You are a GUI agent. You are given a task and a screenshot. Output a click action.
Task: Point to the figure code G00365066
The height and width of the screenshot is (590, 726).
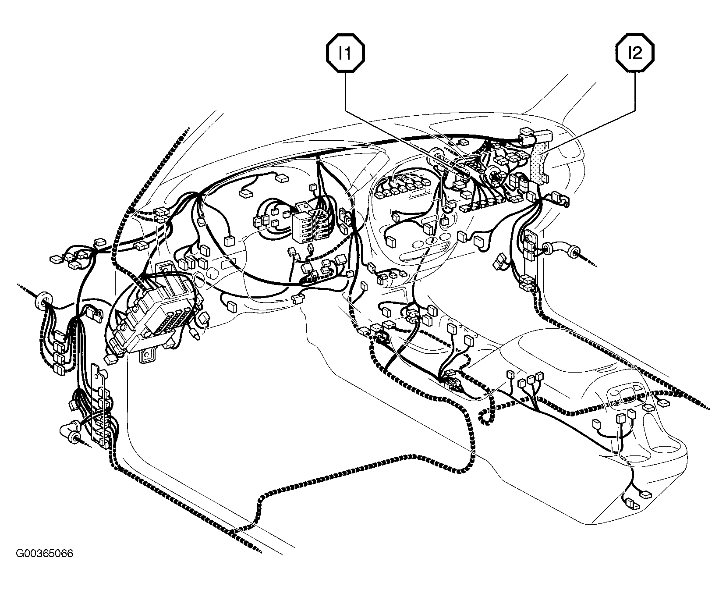45,553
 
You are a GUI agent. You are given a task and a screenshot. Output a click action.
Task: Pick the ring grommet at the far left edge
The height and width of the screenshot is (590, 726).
42,300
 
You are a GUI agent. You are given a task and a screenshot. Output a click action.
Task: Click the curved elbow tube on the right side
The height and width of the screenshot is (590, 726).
561,252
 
